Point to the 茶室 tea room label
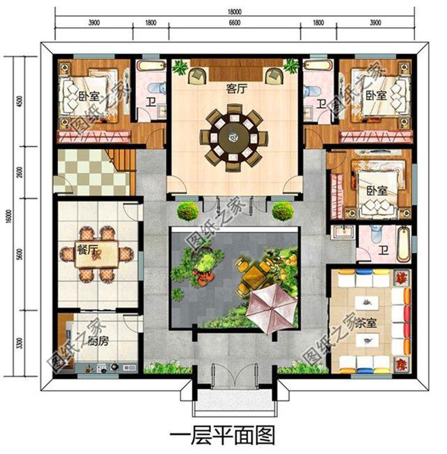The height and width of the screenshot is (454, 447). click(366, 324)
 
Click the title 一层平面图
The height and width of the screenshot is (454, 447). click(223, 435)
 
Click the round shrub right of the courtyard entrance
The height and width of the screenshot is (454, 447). click(281, 211)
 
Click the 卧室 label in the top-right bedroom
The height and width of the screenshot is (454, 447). click(376, 94)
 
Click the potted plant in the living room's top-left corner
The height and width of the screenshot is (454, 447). click(181, 68)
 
